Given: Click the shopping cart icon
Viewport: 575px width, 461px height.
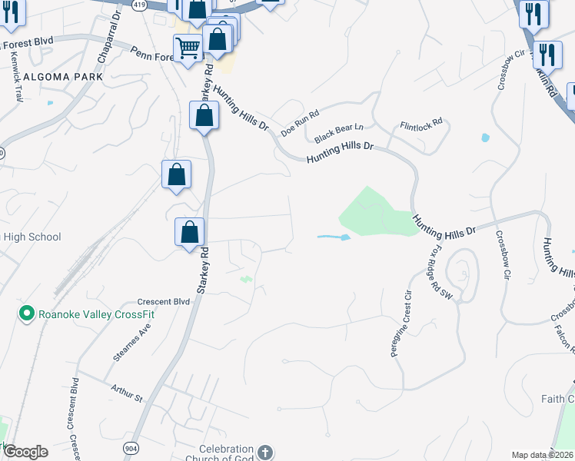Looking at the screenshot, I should click(x=188, y=50).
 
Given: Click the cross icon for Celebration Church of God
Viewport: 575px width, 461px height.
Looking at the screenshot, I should click(x=264, y=453).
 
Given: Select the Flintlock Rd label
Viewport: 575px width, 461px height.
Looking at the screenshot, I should click(x=421, y=123).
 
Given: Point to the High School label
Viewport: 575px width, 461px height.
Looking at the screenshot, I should click(x=32, y=237).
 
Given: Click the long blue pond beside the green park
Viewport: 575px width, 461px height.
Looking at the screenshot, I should click(x=334, y=237).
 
